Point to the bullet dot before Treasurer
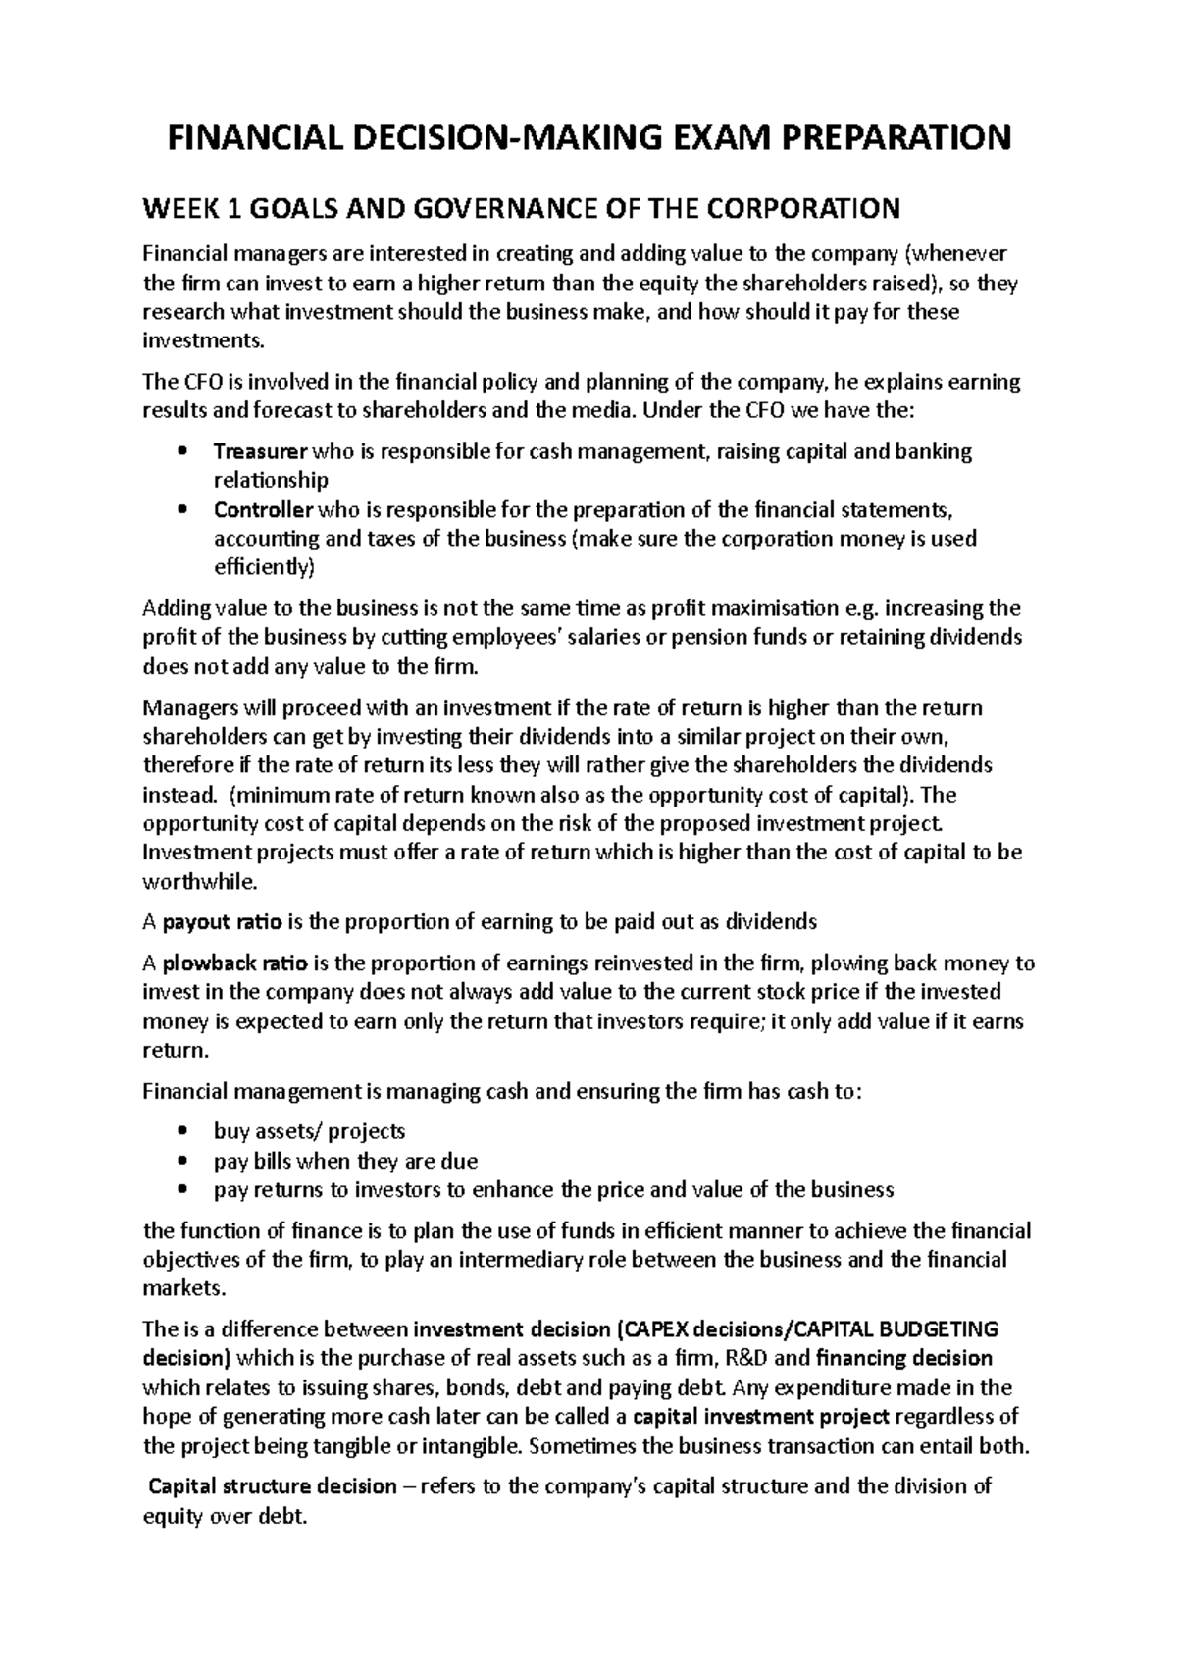coord(182,452)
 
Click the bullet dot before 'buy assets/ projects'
coord(182,1131)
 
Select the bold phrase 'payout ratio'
coord(223,922)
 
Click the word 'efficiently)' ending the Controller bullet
coord(265,567)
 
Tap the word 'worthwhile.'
coord(200,881)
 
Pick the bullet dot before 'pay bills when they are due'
coord(182,1161)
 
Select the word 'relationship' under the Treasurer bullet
coord(271,480)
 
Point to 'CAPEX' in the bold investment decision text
coord(657,1329)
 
